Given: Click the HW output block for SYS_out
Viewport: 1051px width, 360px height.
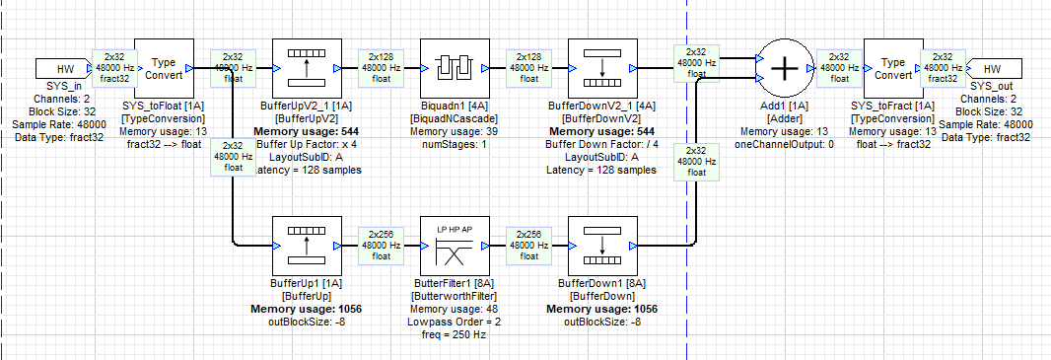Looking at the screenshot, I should click(991, 68).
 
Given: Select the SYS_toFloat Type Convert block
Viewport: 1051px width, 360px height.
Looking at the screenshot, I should click(161, 67).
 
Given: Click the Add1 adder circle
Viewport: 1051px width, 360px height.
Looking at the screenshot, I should click(784, 67).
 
